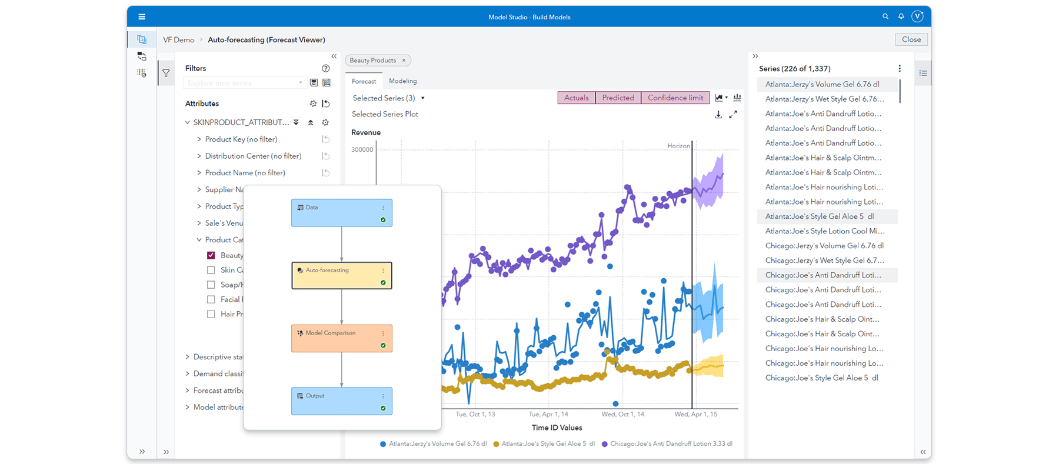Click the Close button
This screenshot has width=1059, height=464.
click(911, 39)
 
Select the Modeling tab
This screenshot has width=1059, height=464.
click(402, 81)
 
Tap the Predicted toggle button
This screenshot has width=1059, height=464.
click(618, 98)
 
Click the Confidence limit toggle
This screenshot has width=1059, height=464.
click(675, 98)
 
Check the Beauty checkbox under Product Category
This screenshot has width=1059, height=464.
click(211, 255)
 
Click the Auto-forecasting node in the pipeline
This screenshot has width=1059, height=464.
click(341, 275)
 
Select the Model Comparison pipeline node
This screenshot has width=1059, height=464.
click(341, 338)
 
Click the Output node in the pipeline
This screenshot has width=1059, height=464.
click(341, 401)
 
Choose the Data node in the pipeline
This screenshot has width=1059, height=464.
click(341, 212)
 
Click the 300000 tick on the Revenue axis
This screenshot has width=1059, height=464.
click(362, 150)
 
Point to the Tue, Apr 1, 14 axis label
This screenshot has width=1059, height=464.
click(548, 415)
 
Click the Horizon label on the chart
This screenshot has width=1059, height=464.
click(678, 146)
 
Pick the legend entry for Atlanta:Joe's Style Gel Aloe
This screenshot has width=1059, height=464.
click(544, 444)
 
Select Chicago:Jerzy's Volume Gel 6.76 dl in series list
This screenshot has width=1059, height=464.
click(824, 246)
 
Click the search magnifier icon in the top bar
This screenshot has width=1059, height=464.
click(885, 16)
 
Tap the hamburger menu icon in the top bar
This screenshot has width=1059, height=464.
click(142, 17)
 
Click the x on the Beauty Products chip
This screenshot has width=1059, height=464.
click(404, 61)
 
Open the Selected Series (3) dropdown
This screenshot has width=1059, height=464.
click(388, 98)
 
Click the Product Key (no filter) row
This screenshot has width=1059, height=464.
click(241, 139)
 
